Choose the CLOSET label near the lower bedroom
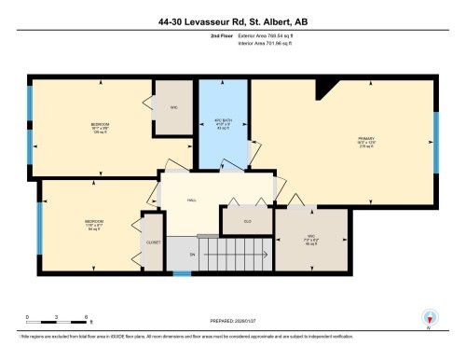tap(153, 242)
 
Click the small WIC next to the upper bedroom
tap(173, 106)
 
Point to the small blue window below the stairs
tap(183, 272)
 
